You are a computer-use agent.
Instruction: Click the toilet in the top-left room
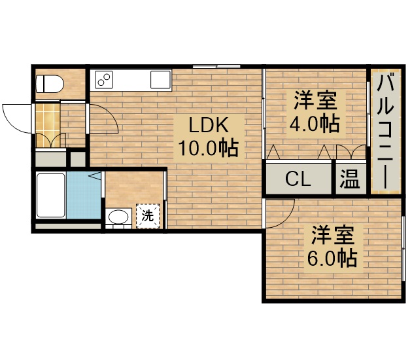pyautogui.click(x=49, y=84)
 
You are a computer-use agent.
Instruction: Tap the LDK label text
pyautogui.click(x=208, y=124)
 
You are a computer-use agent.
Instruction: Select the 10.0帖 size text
pyautogui.click(x=208, y=148)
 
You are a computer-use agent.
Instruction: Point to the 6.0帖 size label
pyautogui.click(x=332, y=257)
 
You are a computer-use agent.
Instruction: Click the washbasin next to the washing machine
pyautogui.click(x=118, y=217)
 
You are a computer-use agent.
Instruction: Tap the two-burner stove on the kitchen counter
pyautogui.click(x=105, y=80)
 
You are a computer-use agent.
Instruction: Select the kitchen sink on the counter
pyautogui.click(x=160, y=80)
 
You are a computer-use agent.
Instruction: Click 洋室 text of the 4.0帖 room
pyautogui.click(x=315, y=100)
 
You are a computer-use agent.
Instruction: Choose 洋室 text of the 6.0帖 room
pyautogui.click(x=332, y=234)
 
